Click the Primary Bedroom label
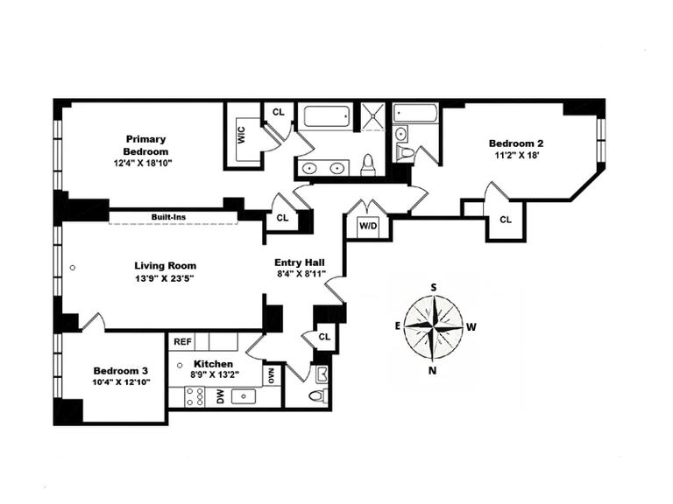[145, 144]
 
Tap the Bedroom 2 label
[516, 143]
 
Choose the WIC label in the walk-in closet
[240, 136]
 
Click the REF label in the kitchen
[182, 342]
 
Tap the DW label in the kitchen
[221, 396]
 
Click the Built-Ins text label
[167, 217]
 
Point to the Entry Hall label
[300, 262]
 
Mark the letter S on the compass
[433, 287]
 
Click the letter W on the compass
[471, 327]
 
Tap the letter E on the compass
[397, 325]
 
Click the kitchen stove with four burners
[195, 396]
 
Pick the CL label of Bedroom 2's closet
[506, 220]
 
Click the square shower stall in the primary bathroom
[373, 116]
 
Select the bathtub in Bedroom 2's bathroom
[415, 113]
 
